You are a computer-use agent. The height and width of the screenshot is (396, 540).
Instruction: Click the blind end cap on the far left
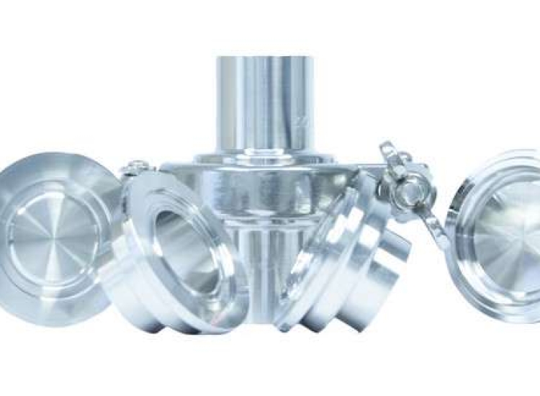point(54,230)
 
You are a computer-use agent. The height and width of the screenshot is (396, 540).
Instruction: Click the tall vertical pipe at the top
point(264,101)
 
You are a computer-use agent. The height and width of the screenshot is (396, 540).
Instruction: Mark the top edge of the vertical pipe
point(264,55)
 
